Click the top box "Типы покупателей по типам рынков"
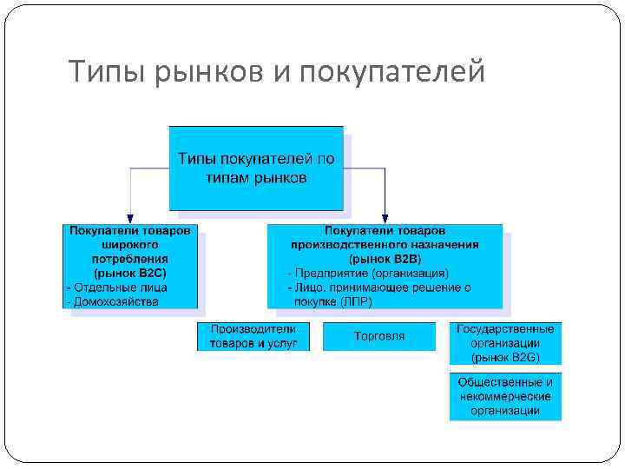256,168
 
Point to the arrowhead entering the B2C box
129,218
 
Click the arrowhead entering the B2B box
385,218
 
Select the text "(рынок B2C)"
131,273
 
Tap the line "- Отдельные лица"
117,287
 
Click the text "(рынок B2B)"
384,259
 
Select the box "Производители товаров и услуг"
253,336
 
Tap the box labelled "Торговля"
379,336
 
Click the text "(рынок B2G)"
505,356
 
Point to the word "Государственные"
505,330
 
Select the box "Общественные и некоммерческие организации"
505,396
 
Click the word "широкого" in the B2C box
131,245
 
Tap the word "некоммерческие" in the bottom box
505,396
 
